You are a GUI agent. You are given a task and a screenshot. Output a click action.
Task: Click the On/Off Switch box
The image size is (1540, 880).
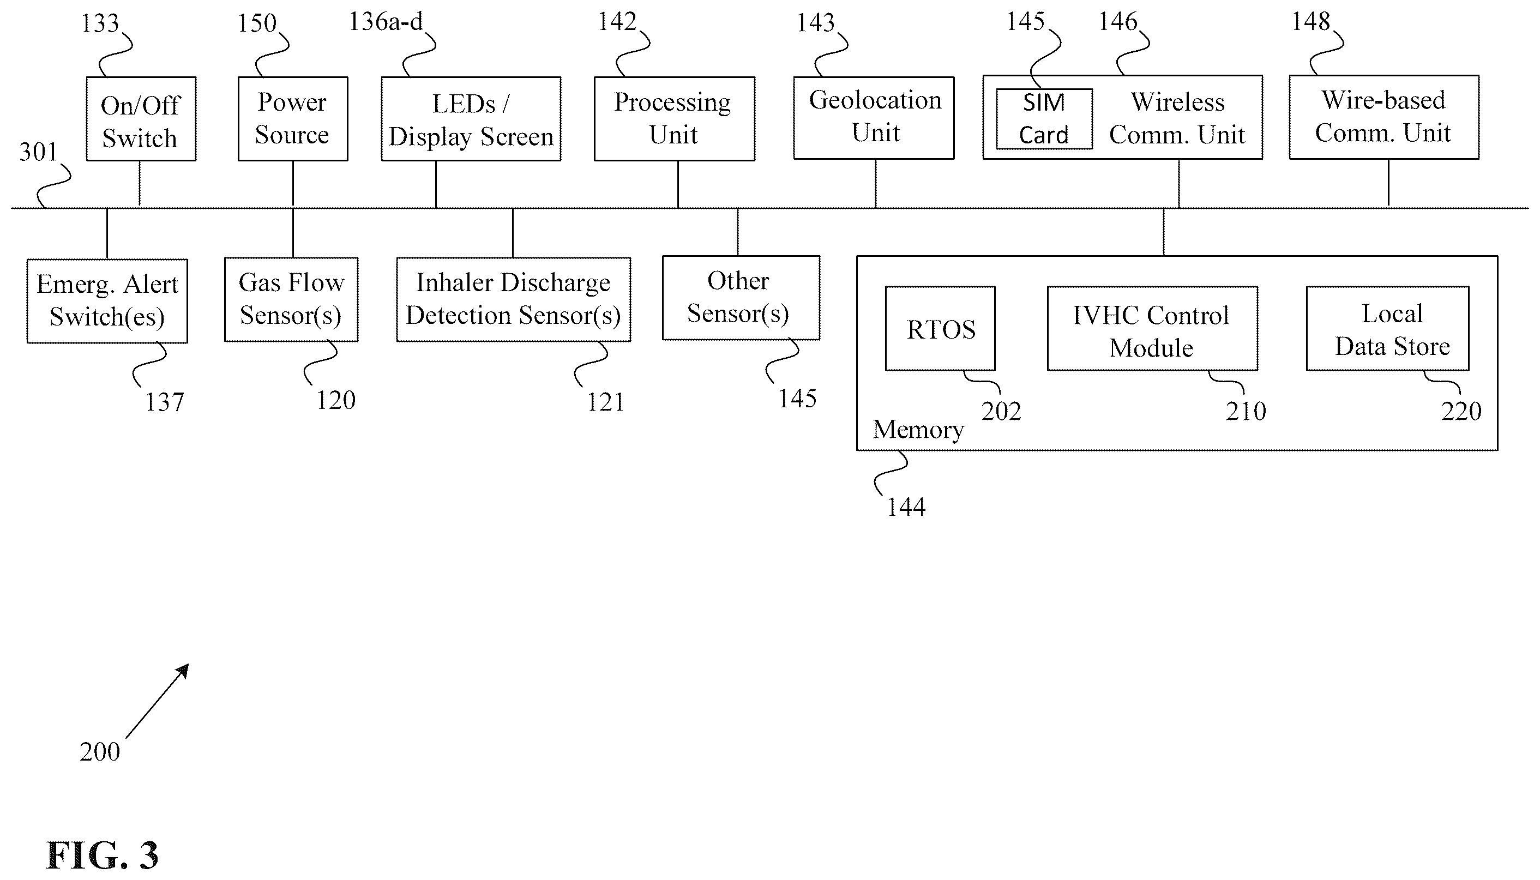click(x=141, y=118)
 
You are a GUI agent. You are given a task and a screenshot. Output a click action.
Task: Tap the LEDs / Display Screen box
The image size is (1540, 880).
click(x=471, y=118)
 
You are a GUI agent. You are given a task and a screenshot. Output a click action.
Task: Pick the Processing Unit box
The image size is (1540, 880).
click(x=675, y=118)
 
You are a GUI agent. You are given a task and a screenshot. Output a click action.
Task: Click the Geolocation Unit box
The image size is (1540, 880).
click(x=874, y=118)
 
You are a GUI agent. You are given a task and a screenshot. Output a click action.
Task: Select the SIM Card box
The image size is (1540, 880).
click(x=1044, y=119)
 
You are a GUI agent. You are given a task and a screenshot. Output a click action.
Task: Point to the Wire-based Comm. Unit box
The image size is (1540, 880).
click(x=1384, y=117)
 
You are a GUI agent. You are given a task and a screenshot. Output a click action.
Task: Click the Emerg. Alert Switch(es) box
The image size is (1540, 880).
click(x=107, y=301)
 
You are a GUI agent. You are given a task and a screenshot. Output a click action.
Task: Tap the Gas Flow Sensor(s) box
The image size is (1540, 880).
click(x=291, y=300)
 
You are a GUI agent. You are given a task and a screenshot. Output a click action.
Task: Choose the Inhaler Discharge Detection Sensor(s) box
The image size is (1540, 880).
click(x=514, y=300)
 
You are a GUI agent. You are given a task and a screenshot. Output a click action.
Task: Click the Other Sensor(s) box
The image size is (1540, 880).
click(x=741, y=298)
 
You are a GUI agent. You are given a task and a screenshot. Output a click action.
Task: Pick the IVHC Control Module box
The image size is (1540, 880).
click(x=1153, y=328)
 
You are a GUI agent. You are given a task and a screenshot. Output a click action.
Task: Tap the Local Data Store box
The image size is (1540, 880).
click(x=1388, y=328)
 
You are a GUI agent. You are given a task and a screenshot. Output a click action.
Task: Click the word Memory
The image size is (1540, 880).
click(x=918, y=430)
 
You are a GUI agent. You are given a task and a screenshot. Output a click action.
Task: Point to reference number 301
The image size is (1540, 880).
click(x=38, y=152)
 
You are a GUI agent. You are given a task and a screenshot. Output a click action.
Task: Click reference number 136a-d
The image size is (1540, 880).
click(x=386, y=22)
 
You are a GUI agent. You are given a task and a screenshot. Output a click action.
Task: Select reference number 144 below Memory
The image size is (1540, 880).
click(x=905, y=507)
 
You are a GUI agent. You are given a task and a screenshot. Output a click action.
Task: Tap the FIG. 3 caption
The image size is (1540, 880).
click(x=102, y=855)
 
